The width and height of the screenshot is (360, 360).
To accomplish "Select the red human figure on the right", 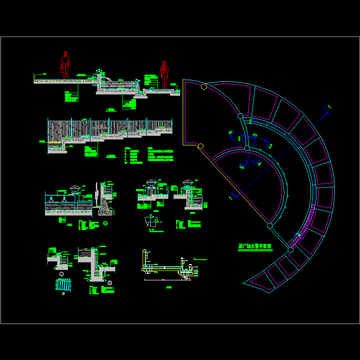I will [164, 74].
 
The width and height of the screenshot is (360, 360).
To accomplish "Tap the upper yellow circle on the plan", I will [204, 86].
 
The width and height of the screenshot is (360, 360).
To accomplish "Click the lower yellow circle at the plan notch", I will [201, 146].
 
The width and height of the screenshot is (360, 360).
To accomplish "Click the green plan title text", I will [254, 247].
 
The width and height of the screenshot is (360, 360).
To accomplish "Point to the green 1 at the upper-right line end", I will [329, 107].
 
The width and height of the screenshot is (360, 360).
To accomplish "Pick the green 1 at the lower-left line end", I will [230, 198].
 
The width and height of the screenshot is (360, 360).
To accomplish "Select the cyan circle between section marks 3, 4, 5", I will [247, 148].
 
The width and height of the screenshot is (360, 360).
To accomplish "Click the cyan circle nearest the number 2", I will [240, 116].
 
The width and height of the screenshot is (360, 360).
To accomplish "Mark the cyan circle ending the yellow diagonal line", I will [270, 225].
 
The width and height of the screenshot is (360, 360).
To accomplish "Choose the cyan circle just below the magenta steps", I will [290, 248].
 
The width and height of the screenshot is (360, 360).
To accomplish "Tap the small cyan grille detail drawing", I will [63, 285].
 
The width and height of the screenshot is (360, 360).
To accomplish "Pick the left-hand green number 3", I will [239, 139].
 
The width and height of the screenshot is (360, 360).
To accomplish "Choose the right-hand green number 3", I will [270, 145].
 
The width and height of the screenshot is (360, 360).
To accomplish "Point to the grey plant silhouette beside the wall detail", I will [96, 193].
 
